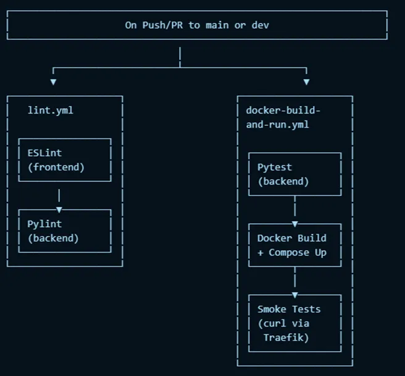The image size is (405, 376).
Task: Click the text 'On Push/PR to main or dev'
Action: click(x=197, y=25)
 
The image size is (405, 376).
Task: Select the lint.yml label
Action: click(x=51, y=111)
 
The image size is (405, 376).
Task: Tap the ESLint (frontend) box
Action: click(x=64, y=160)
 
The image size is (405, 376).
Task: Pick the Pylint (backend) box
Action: click(x=64, y=231)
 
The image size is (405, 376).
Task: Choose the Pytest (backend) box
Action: click(x=294, y=174)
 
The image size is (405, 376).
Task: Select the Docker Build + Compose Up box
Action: click(x=294, y=245)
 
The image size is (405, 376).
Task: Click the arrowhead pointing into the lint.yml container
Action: click(x=53, y=81)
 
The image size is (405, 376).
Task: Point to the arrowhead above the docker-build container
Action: click(x=306, y=81)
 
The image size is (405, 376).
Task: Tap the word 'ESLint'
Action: click(x=44, y=153)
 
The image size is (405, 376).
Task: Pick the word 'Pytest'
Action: click(x=275, y=167)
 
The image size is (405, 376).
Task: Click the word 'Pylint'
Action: click(x=44, y=224)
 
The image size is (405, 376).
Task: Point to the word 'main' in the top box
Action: click(x=214, y=25)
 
